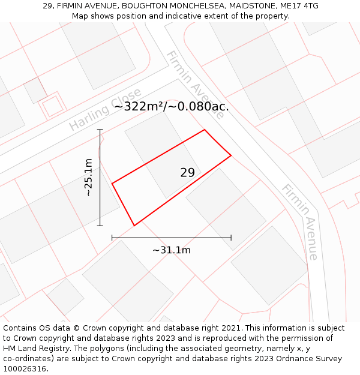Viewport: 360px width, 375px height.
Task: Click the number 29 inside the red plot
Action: pos(187,173)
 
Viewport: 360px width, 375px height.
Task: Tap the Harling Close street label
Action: pos(105,109)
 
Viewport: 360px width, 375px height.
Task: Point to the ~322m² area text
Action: pos(140,107)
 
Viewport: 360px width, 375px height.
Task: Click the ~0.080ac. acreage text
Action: pos(200,107)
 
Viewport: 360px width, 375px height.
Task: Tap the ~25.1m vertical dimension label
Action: pos(88,178)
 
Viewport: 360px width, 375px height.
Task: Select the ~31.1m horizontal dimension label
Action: pos(171,250)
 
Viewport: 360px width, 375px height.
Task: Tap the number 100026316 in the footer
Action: pos(26,369)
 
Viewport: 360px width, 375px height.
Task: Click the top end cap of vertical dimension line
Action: pos(100,130)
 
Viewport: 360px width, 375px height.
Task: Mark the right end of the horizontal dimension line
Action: pos(231,238)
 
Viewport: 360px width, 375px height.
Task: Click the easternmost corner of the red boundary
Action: pos(231,156)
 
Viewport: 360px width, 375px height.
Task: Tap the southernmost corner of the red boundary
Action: pos(134,226)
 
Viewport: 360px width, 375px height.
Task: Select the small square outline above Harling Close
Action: pos(52,106)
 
